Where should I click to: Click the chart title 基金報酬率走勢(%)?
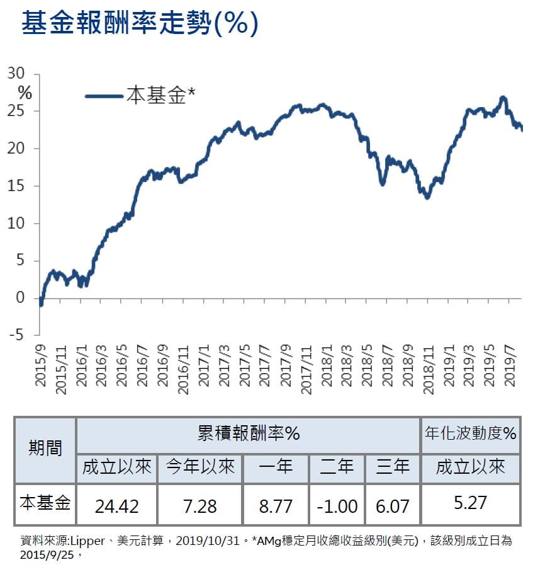click(x=140, y=24)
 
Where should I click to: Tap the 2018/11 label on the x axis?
click(x=429, y=369)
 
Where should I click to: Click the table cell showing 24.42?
click(x=116, y=505)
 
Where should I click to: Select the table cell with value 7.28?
click(x=199, y=505)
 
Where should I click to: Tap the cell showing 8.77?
click(x=276, y=505)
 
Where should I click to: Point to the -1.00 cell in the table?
click(x=337, y=505)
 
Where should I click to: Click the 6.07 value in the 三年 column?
click(x=392, y=505)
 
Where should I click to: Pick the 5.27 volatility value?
click(x=470, y=504)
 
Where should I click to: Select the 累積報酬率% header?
click(x=248, y=434)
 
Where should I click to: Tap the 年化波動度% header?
click(x=471, y=434)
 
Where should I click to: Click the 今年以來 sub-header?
click(x=199, y=467)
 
